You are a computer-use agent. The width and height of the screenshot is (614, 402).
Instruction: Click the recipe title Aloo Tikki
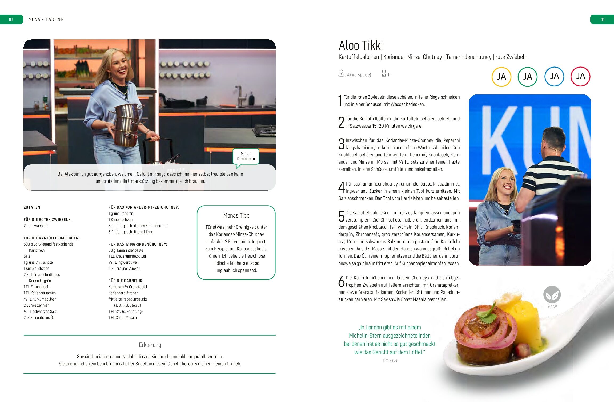point(361,45)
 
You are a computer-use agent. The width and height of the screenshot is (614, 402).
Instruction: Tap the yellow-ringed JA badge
point(501,77)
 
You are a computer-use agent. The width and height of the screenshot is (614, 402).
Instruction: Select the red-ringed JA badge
point(580,76)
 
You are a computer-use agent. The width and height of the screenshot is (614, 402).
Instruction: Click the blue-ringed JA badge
point(554,76)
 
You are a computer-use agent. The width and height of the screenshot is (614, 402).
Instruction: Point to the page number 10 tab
point(11,19)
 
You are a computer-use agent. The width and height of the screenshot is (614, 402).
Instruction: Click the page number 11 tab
point(602,19)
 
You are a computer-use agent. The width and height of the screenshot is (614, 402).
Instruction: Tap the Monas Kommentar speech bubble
point(246,157)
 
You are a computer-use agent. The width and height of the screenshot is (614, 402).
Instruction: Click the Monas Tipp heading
point(236,215)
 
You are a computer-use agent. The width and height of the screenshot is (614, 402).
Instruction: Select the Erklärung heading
point(150,345)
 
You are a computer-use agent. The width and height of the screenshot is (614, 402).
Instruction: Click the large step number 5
point(342,216)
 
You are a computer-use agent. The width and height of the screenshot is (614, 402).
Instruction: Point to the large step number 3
point(342,144)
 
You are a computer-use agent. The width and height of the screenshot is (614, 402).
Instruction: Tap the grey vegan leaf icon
point(552,294)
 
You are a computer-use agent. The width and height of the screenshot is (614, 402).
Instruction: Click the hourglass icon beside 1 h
point(384,73)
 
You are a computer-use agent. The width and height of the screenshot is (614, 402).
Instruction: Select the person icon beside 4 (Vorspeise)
point(341,73)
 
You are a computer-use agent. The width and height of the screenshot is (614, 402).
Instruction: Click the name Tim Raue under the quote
point(390,360)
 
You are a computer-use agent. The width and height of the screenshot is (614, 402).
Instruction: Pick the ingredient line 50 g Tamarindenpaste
point(126,250)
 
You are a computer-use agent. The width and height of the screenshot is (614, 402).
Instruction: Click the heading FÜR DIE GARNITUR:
point(126,281)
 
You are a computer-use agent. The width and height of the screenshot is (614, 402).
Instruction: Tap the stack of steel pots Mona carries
point(126,125)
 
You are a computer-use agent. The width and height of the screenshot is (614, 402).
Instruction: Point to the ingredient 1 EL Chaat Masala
point(123,318)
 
